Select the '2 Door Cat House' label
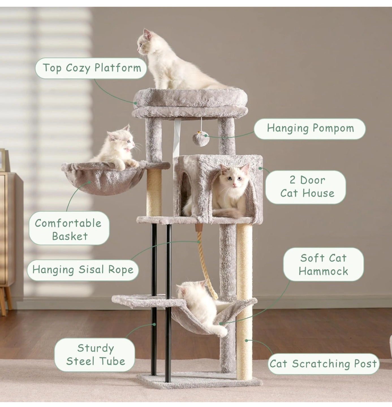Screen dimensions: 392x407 (307, 187)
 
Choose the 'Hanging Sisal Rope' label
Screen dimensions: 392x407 (83, 270)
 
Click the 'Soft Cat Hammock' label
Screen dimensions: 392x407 (323, 264)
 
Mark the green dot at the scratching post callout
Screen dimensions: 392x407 (246, 341)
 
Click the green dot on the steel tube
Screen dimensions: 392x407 (154, 324)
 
